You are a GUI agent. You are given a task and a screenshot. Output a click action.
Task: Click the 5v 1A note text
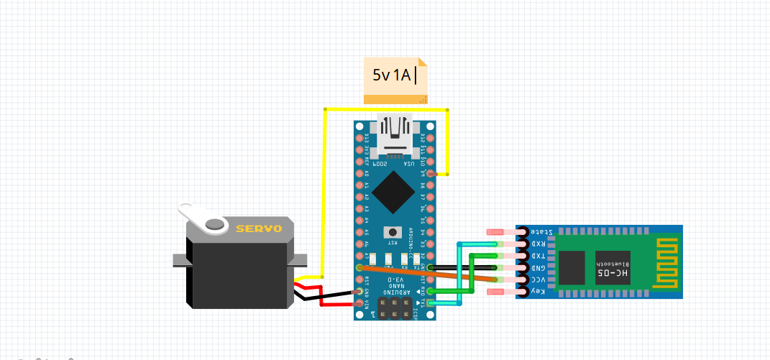393,74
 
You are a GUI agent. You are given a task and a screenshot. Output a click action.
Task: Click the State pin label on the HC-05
541,232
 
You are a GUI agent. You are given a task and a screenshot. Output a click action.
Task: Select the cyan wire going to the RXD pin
459,273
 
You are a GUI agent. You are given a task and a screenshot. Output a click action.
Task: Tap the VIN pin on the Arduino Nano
359,303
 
